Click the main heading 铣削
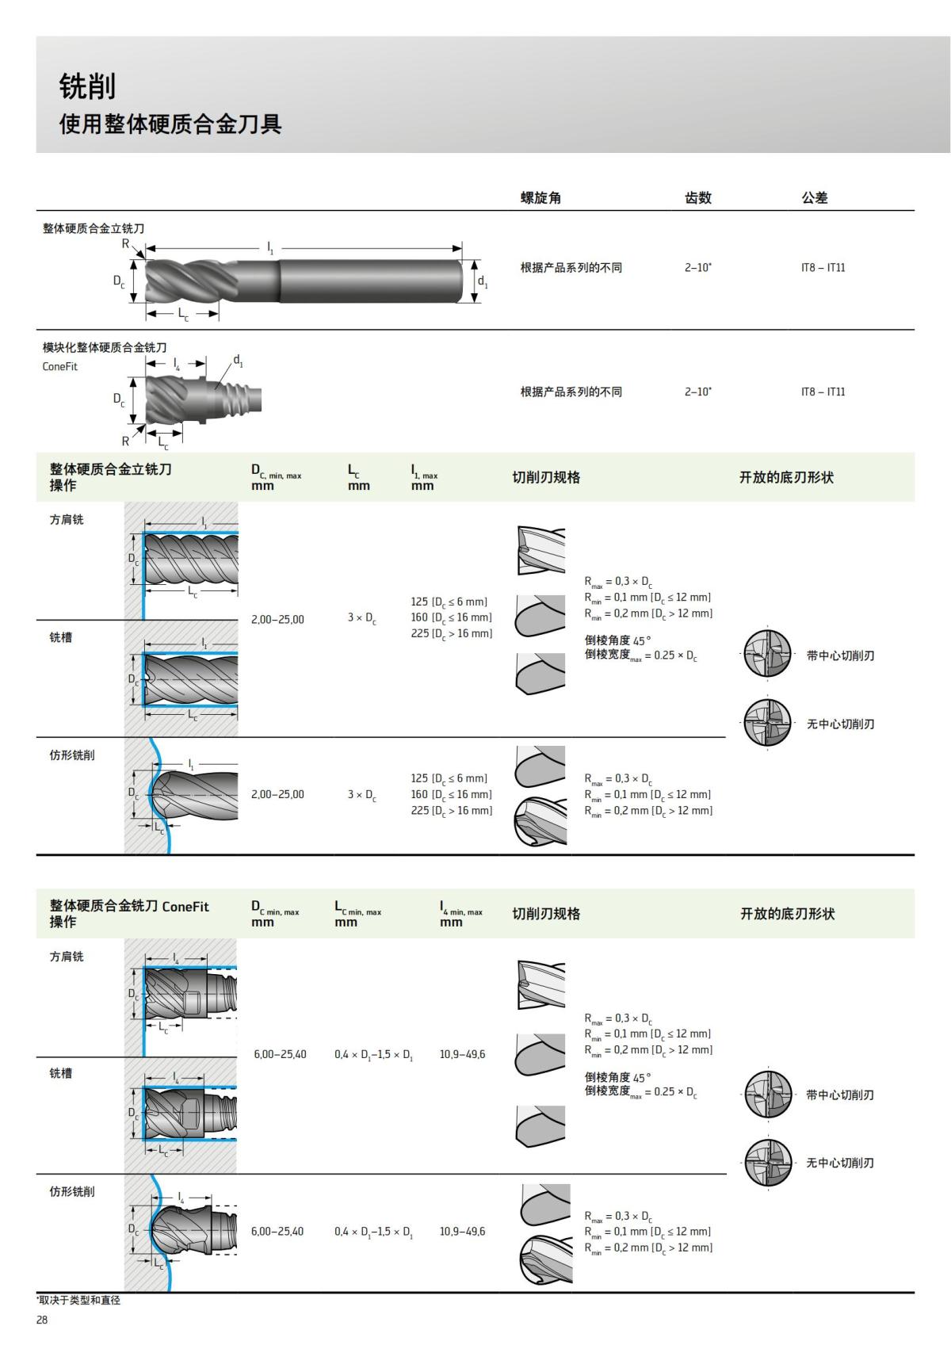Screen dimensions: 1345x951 (88, 86)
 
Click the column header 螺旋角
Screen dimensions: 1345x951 (540, 198)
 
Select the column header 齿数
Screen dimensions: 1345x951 (697, 198)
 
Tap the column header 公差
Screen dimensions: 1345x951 (814, 198)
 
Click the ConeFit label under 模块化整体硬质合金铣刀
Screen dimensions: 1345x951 (60, 367)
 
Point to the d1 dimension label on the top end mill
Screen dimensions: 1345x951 (483, 281)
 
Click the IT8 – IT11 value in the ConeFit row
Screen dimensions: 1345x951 (823, 392)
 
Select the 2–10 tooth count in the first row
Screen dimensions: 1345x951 (697, 268)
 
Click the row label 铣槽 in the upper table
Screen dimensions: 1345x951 (61, 637)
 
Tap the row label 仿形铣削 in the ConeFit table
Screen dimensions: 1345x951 (72, 1191)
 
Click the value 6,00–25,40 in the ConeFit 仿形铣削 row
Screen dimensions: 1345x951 (278, 1231)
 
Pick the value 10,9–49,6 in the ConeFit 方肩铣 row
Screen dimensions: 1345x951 (462, 1054)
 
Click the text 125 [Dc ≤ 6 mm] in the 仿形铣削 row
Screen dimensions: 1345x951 (449, 778)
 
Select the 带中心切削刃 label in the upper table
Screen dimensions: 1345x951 (840, 655)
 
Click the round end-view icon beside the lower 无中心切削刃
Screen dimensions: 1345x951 (768, 1163)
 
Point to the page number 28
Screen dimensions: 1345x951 (42, 1320)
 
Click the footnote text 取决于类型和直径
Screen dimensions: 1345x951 (78, 1301)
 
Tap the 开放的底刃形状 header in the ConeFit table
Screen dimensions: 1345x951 (787, 914)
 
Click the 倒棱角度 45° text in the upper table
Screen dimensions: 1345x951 (617, 640)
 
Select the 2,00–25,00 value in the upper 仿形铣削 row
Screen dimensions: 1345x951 (277, 794)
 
